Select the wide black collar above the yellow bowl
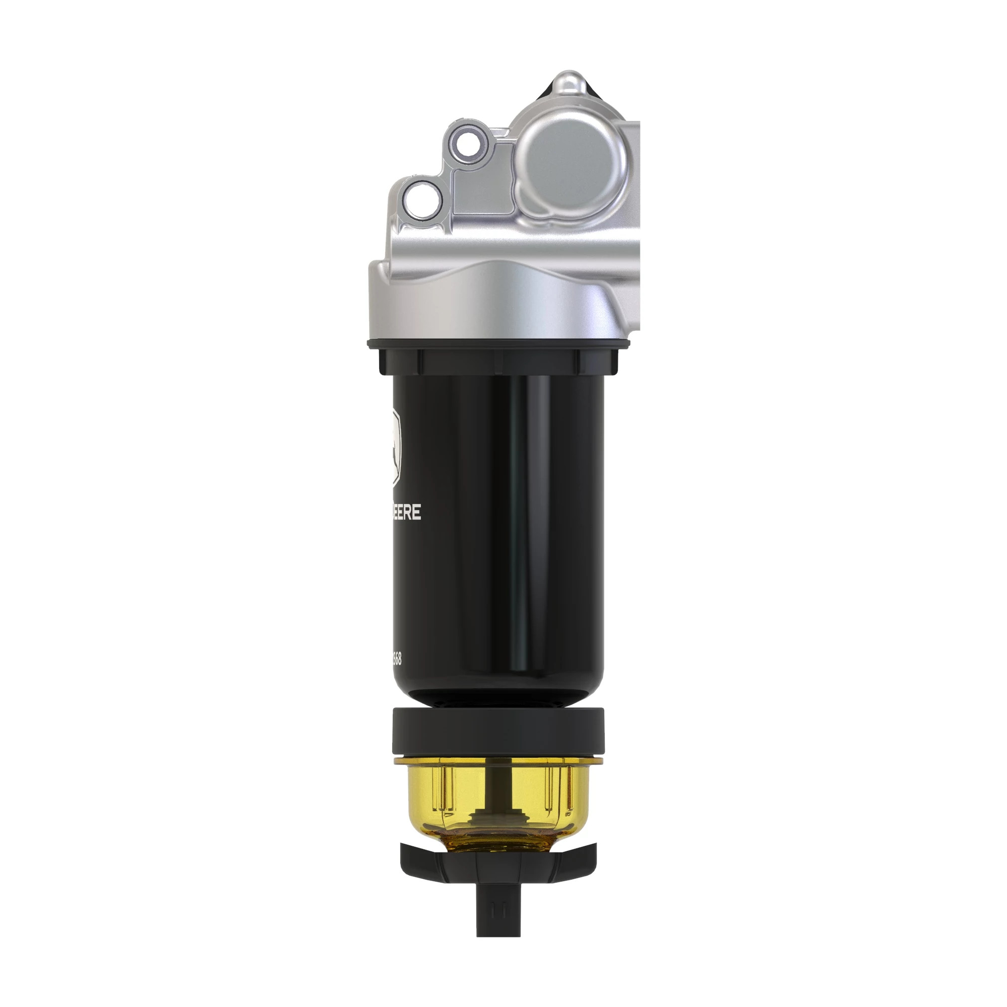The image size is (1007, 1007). (498, 730)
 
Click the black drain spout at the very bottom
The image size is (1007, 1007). (498, 917)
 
